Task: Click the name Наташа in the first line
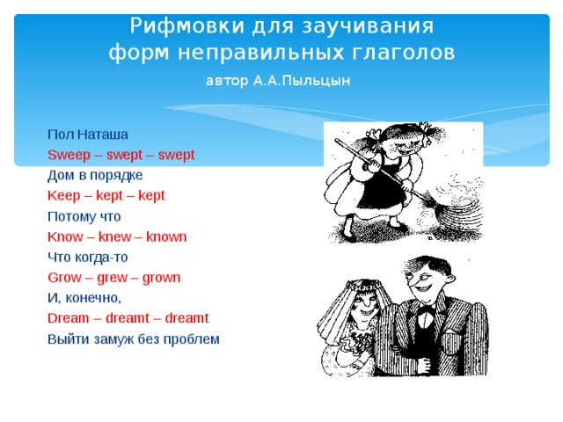tap(103, 135)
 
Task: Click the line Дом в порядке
tap(89, 175)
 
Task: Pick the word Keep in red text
tap(64, 195)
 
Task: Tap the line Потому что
tap(84, 216)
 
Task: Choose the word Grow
tap(64, 278)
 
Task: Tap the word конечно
tap(91, 298)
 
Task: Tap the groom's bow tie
tap(427, 310)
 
